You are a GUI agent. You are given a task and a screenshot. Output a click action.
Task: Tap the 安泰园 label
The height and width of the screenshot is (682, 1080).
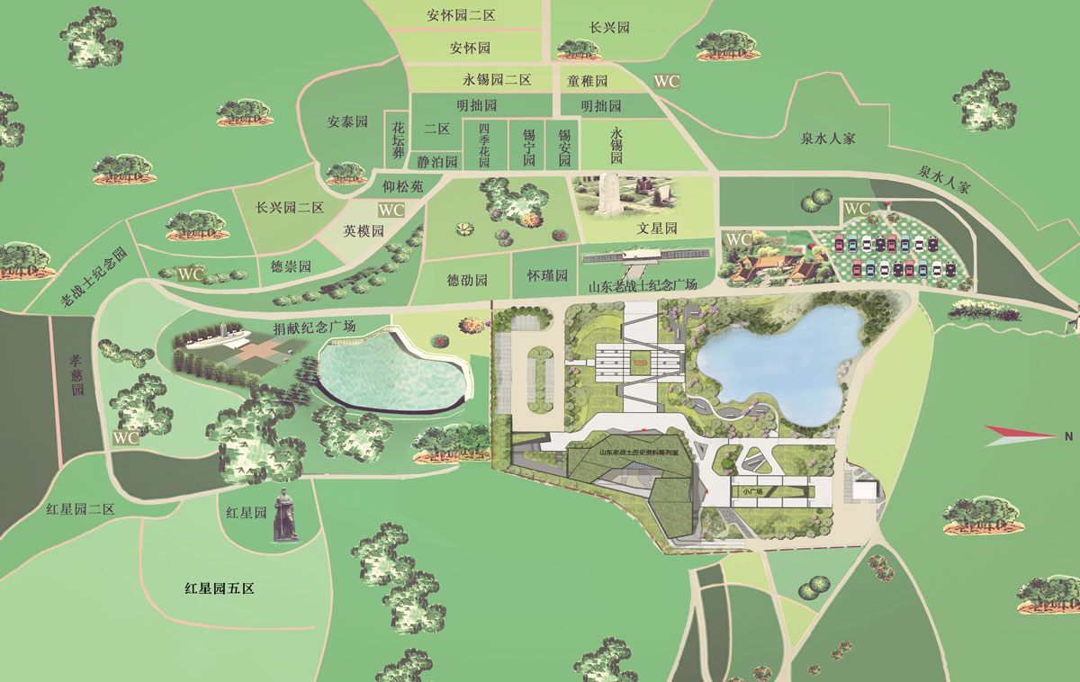[x=347, y=121]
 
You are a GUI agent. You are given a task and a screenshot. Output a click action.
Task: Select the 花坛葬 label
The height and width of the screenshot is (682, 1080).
[x=398, y=139]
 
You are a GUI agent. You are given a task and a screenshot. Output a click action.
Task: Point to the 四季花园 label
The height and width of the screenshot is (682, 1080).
[x=483, y=142]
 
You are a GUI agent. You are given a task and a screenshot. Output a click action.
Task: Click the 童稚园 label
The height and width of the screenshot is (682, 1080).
[x=588, y=81]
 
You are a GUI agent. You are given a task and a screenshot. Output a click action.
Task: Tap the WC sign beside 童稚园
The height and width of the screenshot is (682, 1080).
[x=667, y=81]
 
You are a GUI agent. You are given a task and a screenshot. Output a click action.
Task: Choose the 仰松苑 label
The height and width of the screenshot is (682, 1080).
[x=401, y=187]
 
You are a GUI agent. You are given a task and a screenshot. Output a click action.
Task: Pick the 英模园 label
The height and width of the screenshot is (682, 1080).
[x=364, y=230]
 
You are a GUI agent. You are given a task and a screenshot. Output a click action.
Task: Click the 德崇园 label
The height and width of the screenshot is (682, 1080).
[x=291, y=266]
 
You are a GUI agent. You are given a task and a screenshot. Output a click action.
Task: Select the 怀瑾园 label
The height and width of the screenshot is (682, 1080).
[x=547, y=275]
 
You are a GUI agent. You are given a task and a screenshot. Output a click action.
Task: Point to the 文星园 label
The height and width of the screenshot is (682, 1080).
[x=656, y=229]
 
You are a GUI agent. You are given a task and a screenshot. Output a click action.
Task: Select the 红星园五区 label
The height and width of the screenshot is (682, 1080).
[x=220, y=589]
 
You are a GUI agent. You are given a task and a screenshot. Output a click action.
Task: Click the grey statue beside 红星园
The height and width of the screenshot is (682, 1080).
[x=285, y=515]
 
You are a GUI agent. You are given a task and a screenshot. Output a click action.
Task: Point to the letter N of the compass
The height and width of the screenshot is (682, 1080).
[x=1068, y=436]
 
